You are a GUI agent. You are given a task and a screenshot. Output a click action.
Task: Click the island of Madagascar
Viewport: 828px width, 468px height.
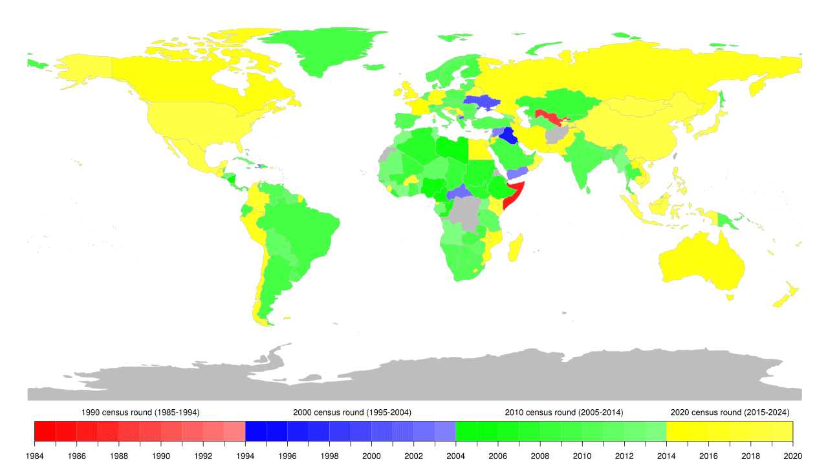pos(516,248)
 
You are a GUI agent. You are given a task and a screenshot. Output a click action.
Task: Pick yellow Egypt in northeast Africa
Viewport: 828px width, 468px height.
pos(479,149)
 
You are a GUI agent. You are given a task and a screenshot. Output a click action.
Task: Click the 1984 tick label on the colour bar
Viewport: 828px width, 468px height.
pos(34,456)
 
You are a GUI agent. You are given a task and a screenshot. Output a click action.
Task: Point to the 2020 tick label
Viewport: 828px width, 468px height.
pos(793,456)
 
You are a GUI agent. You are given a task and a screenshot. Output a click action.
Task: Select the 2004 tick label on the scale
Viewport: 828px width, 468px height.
pos(456,456)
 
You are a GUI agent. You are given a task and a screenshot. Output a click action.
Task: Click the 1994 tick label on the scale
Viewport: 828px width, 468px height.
pos(245,456)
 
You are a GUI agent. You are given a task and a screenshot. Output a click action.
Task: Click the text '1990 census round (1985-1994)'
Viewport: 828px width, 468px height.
pos(140,412)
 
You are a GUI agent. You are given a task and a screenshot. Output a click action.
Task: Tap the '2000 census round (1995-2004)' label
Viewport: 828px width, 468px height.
pos(351,412)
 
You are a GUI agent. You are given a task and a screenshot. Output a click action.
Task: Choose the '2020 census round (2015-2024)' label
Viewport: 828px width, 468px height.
pos(730,412)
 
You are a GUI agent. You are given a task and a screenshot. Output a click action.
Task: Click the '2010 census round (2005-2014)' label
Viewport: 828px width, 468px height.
pos(563,412)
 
